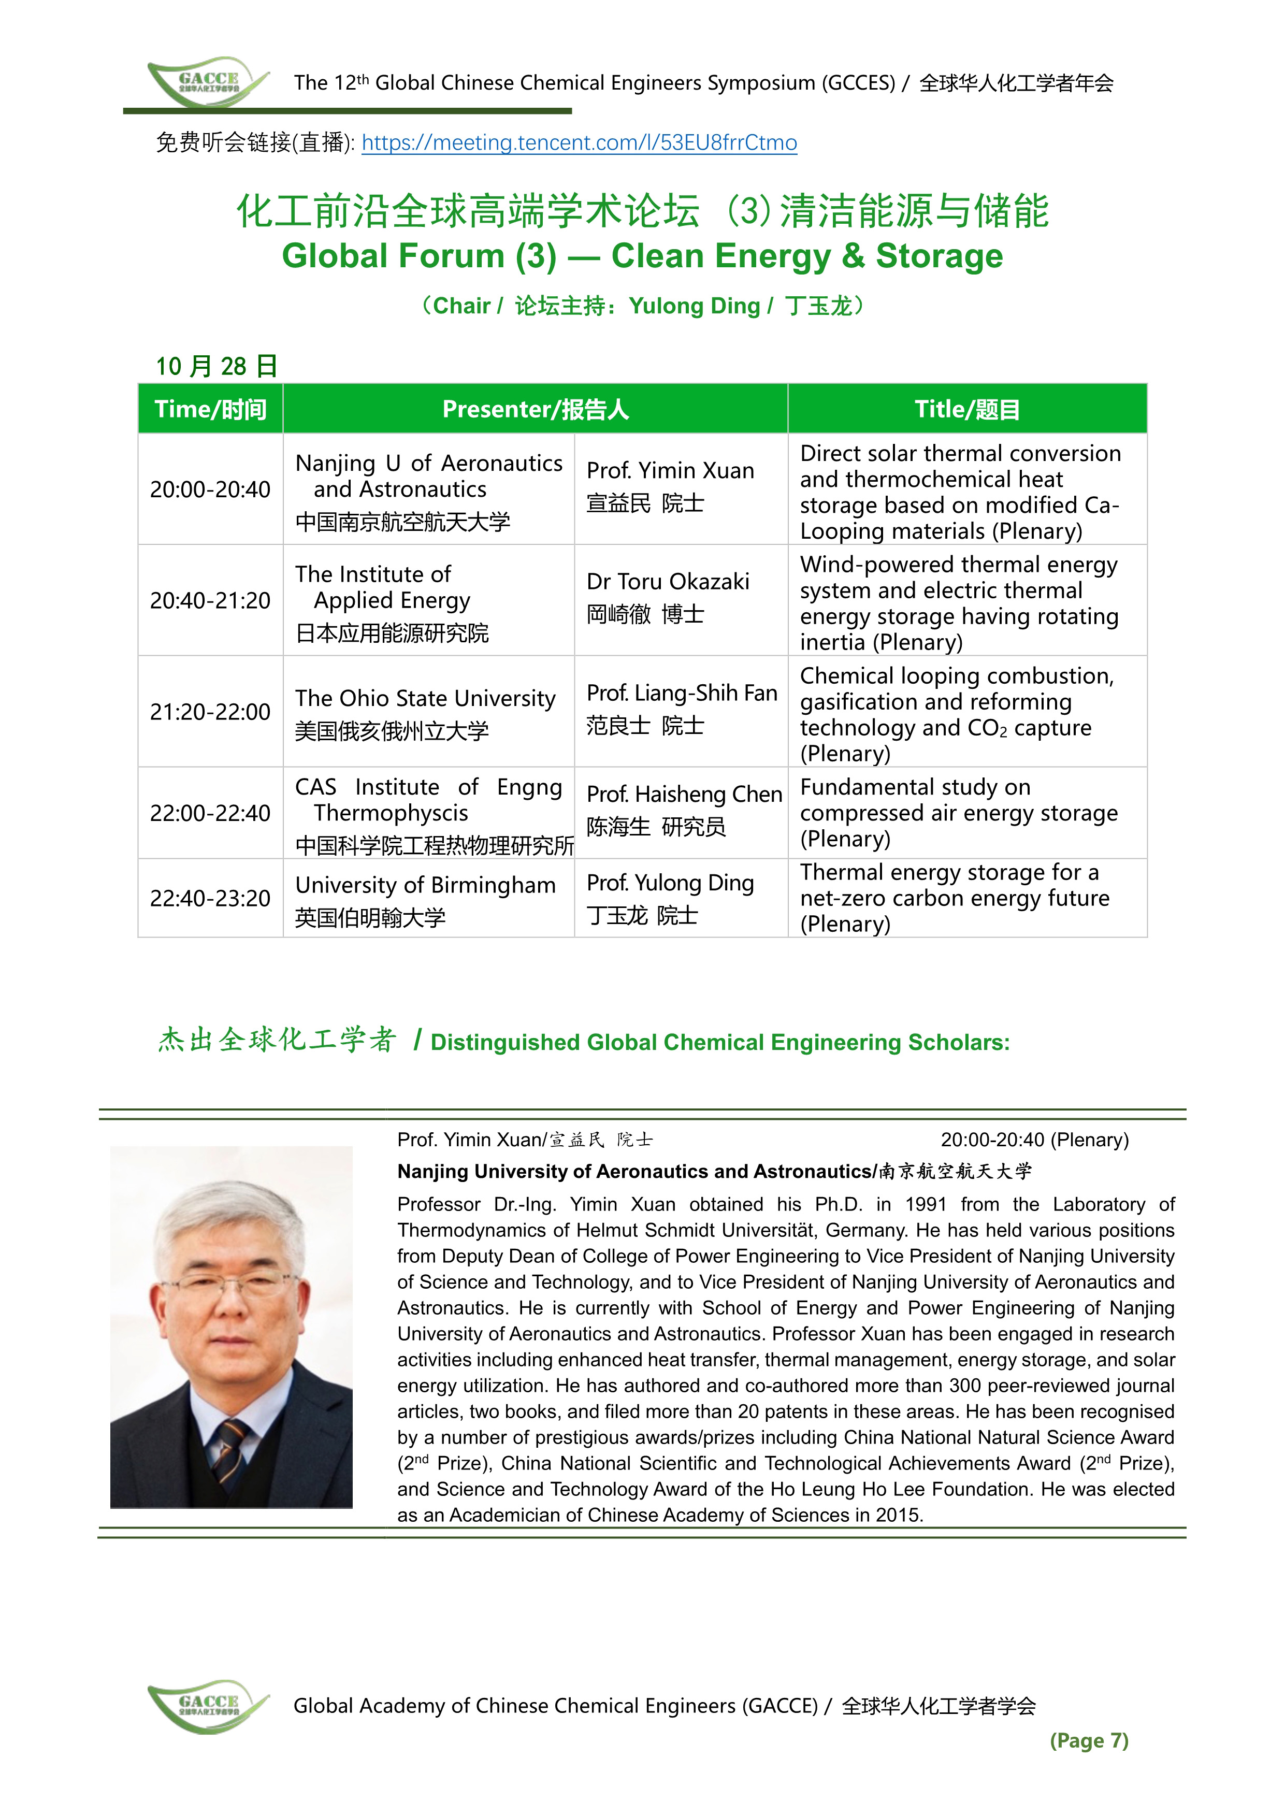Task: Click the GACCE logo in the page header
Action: (207, 81)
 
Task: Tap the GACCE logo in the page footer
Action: (207, 1706)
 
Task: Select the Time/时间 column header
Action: (210, 409)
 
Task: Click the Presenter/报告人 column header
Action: (535, 409)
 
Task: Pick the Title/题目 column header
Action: (967, 409)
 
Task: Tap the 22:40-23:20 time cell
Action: (210, 899)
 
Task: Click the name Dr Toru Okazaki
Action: (668, 582)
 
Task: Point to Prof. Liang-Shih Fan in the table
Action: (681, 693)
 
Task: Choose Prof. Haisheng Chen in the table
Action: (684, 795)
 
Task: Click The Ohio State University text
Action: (425, 699)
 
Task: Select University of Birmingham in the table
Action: (425, 885)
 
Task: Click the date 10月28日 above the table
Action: (216, 366)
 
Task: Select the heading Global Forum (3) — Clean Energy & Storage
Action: (642, 255)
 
